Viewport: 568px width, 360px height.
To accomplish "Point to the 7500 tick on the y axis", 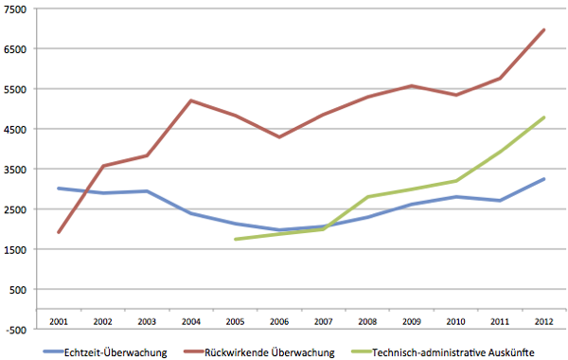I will (x=18, y=9).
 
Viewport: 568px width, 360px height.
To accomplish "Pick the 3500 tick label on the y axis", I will (x=18, y=170).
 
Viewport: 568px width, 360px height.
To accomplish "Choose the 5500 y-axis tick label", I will (x=18, y=89).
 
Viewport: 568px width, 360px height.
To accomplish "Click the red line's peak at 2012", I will (x=543, y=29).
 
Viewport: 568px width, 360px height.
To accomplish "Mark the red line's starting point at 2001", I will (x=59, y=232).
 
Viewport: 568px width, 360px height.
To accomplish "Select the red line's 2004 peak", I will (x=191, y=100).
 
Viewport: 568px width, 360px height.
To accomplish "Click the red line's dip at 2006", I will (x=278, y=137).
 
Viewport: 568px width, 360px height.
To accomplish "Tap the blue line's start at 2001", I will (x=59, y=189).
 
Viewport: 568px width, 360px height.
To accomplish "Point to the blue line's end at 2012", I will (x=543, y=179).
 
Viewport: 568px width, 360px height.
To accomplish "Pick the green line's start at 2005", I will (x=235, y=239).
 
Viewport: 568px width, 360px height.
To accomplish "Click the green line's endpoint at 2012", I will (x=543, y=117).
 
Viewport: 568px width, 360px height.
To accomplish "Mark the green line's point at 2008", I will (x=367, y=197).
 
